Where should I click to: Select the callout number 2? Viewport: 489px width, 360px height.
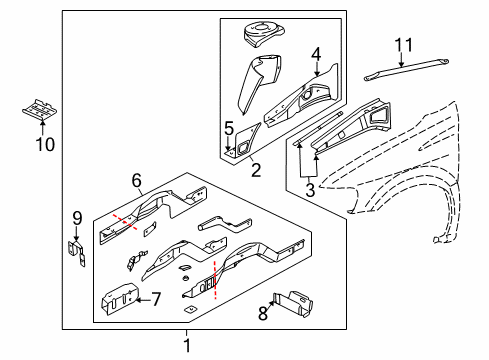tap(256, 170)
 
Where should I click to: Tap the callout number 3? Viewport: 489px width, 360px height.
tap(310, 188)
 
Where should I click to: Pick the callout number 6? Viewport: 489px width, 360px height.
tap(137, 179)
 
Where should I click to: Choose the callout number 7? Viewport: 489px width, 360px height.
tap(155, 298)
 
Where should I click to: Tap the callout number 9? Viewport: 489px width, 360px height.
tap(76, 218)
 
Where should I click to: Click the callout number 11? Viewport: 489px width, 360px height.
tap(403, 44)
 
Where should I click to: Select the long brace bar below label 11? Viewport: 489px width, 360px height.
tap(401, 71)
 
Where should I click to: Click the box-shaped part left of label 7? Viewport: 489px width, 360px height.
tap(117, 296)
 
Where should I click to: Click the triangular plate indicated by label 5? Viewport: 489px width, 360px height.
tap(242, 145)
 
